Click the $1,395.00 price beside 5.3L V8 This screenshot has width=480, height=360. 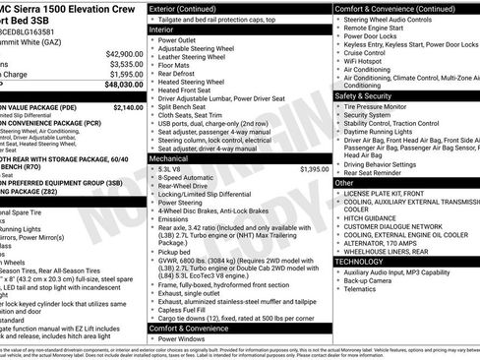[313, 169]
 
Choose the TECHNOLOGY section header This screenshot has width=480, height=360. [361, 262]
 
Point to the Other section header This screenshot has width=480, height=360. [344, 183]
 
